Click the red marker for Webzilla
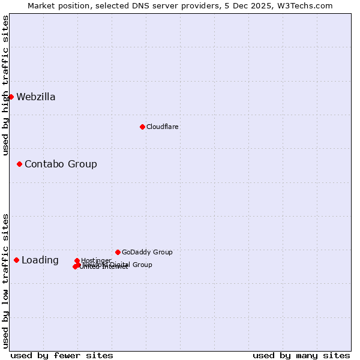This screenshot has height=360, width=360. [x=11, y=97]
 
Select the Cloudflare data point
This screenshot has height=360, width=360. [x=142, y=127]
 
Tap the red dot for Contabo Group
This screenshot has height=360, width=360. [x=19, y=164]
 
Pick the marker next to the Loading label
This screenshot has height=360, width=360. [x=16, y=260]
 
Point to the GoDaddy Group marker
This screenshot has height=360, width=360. [x=118, y=252]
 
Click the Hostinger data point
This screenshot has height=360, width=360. [x=77, y=260]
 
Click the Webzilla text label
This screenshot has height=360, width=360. [x=35, y=97]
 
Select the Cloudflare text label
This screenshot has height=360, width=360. [x=162, y=127]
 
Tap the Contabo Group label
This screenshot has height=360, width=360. [x=61, y=164]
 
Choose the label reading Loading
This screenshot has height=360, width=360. [x=40, y=260]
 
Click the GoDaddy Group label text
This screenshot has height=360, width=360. [x=147, y=253]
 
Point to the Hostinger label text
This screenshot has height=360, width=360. [x=96, y=260]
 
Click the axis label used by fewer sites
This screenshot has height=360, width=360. [x=62, y=356]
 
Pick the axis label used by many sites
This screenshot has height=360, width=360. [x=301, y=356]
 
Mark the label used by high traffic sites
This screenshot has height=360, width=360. [x=6, y=85]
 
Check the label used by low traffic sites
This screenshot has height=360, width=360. [x=6, y=281]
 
